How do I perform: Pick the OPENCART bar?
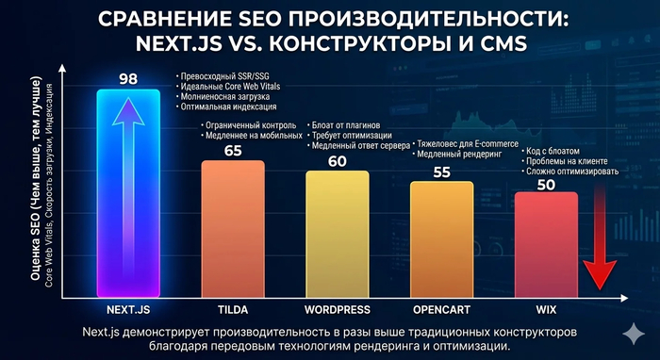tap(442, 239)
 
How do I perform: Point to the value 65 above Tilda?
tap(233, 149)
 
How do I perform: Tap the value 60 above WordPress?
tap(338, 160)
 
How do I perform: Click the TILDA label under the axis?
tap(233, 309)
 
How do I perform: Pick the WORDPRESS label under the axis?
tap(338, 309)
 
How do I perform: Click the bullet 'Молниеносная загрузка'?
tap(223, 97)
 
